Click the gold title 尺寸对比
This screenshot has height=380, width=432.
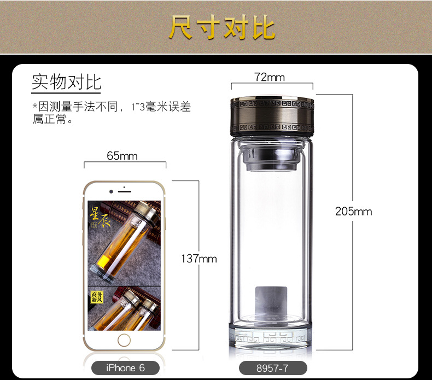(x=222, y=27)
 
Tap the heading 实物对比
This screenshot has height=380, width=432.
(x=66, y=82)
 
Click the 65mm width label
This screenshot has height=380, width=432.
(x=122, y=156)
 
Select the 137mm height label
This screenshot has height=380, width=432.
(x=199, y=259)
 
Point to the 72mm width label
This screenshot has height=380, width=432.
(x=270, y=77)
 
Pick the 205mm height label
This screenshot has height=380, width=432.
(x=353, y=212)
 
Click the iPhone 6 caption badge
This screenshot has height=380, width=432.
(x=125, y=368)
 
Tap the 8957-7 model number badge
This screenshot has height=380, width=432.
(x=273, y=368)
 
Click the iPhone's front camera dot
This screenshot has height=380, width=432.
(x=111, y=191)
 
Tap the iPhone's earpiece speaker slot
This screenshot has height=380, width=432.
(x=125, y=191)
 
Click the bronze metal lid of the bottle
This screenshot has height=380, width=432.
(x=272, y=116)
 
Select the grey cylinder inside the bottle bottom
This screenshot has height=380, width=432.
(x=271, y=302)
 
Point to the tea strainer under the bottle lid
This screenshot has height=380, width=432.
(x=271, y=158)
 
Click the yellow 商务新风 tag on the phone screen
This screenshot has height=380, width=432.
(x=97, y=297)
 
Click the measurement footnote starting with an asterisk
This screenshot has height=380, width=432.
(x=112, y=113)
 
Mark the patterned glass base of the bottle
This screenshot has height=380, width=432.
(x=271, y=337)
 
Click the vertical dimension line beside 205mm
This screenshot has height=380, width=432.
(x=353, y=222)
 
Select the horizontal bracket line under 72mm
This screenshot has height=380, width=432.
(x=272, y=83)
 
